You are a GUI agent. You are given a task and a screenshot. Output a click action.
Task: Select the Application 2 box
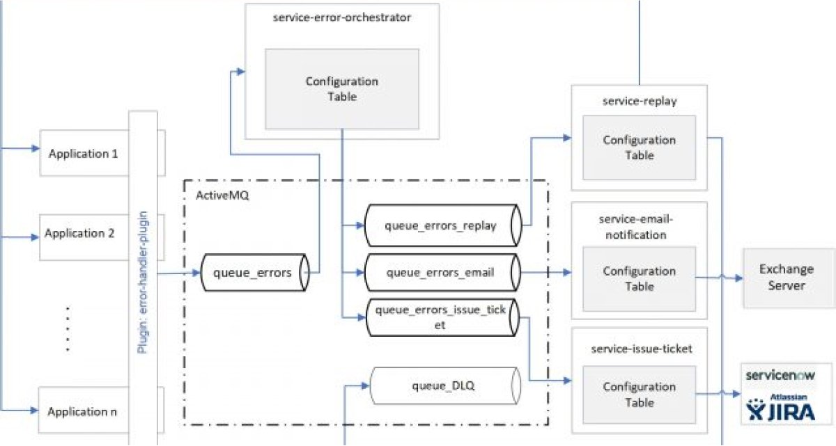[80, 234]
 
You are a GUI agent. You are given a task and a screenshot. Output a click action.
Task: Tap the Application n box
[82, 411]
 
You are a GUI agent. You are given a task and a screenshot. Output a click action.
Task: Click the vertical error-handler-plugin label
[142, 278]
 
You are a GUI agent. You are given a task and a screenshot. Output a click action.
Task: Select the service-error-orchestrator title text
[342, 17]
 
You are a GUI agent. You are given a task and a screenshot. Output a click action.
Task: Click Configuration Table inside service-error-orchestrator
[341, 89]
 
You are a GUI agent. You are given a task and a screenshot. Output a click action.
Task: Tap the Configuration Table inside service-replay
[639, 148]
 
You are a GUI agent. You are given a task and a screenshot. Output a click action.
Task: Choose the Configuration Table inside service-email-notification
[639, 278]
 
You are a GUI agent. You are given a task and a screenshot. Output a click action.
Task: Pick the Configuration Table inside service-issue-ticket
[639, 395]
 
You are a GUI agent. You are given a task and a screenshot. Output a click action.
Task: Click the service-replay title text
[639, 102]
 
